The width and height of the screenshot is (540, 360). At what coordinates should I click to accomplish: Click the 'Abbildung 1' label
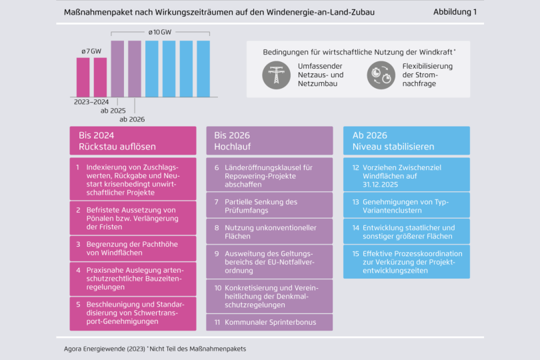[455, 12]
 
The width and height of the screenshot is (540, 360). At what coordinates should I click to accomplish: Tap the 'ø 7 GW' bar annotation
[91, 51]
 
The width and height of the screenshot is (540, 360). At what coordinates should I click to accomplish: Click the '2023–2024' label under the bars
[91, 103]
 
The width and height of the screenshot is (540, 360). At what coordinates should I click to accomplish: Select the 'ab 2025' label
[113, 111]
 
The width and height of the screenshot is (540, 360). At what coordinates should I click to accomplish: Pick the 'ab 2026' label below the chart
[131, 119]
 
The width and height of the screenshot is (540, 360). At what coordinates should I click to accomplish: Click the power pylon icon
[273, 75]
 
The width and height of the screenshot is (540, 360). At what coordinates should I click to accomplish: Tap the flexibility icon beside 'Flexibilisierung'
[381, 75]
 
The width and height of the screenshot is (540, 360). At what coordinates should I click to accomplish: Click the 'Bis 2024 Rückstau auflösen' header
[133, 141]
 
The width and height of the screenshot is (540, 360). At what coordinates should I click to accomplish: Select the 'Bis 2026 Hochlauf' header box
[269, 141]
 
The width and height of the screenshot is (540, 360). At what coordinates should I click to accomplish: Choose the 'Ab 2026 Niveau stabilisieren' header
[406, 141]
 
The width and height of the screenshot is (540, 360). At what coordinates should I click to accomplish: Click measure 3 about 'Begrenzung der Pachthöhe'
[133, 249]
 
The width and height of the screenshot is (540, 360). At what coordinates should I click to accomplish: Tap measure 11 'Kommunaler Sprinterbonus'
[269, 323]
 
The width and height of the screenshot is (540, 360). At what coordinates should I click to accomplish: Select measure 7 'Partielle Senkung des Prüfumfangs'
[269, 206]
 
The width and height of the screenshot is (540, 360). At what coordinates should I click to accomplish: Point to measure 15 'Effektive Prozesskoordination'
[406, 261]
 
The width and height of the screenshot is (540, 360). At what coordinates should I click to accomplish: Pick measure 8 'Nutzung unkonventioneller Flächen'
[269, 231]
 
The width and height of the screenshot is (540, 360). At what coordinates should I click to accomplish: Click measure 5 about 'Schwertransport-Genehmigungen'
[133, 313]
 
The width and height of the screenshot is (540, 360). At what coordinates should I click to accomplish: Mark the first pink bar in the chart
[83, 77]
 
